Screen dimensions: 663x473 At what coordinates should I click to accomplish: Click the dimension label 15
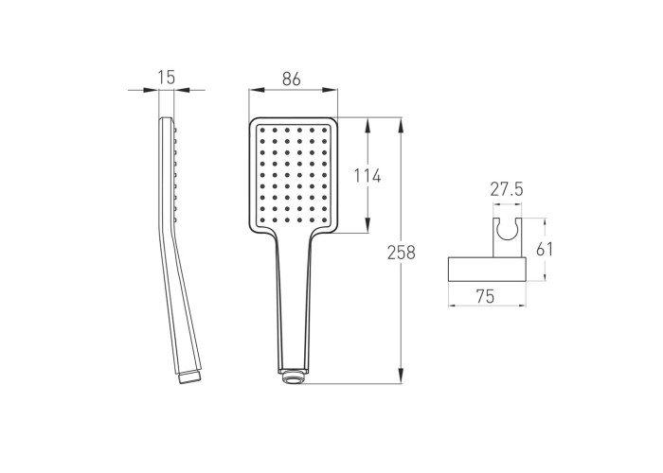166,78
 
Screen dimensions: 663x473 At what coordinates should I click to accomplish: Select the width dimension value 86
292,79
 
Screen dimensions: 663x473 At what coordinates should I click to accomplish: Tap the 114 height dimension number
367,175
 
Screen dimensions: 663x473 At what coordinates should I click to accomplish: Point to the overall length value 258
402,253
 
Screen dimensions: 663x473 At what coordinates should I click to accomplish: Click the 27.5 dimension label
507,189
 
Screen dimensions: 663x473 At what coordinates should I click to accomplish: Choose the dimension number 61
545,249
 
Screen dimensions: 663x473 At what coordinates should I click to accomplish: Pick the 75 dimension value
485,296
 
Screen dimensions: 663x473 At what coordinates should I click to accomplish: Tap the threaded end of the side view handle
189,377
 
